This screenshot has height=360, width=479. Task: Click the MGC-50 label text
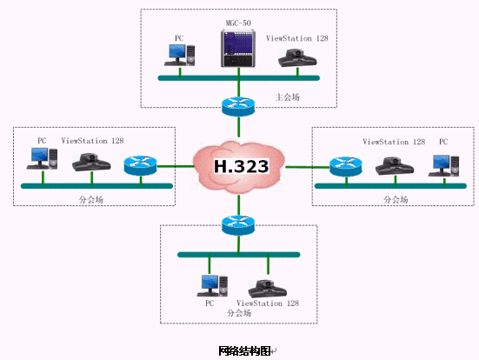pyautogui.click(x=238, y=23)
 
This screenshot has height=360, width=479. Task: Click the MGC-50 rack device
pyautogui.click(x=238, y=48)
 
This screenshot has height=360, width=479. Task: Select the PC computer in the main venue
pyautogui.click(x=179, y=55)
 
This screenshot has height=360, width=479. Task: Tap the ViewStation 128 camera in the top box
pyautogui.click(x=297, y=57)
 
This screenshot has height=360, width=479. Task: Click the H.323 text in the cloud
pyautogui.click(x=242, y=166)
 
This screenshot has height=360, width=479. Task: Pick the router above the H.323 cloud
pyautogui.click(x=238, y=106)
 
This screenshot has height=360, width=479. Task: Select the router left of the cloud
pyautogui.click(x=140, y=165)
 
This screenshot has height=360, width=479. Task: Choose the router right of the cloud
pyautogui.click(x=346, y=167)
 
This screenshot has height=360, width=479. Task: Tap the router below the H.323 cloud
pyautogui.click(x=238, y=225)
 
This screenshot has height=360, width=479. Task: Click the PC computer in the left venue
pyautogui.click(x=42, y=158)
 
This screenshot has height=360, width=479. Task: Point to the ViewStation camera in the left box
pyautogui.click(x=91, y=162)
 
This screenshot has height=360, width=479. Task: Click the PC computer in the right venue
pyautogui.click(x=443, y=165)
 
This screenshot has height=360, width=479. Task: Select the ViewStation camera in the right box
pyautogui.click(x=395, y=166)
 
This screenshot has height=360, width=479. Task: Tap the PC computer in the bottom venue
pyautogui.click(x=212, y=286)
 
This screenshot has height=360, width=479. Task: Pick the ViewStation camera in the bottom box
pyautogui.click(x=268, y=289)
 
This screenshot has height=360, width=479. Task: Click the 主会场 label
pyautogui.click(x=288, y=97)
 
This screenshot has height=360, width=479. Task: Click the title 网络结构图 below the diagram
pyautogui.click(x=244, y=350)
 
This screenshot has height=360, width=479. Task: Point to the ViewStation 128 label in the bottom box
pyautogui.click(x=268, y=303)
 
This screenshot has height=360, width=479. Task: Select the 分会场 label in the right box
pyautogui.click(x=396, y=200)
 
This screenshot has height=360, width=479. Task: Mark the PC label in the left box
pyautogui.click(x=42, y=141)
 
